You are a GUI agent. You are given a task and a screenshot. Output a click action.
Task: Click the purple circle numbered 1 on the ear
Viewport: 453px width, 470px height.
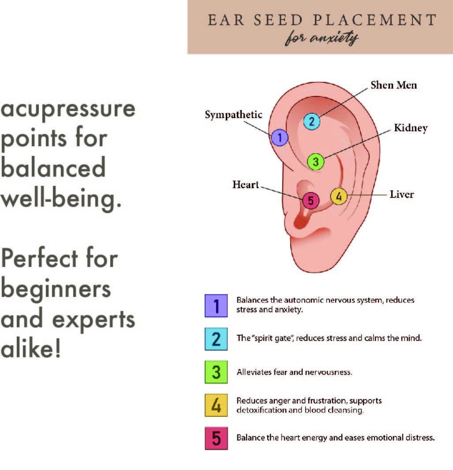pos(279,138)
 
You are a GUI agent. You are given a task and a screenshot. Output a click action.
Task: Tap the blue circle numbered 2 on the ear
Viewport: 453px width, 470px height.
pos(311,122)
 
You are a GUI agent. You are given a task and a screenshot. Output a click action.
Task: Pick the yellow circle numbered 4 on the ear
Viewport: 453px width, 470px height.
pos(338,196)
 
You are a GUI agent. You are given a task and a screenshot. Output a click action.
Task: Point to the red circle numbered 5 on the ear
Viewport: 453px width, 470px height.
pos(311,201)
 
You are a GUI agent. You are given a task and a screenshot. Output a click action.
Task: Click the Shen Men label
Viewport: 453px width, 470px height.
pos(393,85)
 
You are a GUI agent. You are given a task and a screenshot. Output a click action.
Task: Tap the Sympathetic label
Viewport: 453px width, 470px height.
pos(233,115)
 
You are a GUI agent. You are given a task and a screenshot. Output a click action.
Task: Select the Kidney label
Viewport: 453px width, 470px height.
pos(410,128)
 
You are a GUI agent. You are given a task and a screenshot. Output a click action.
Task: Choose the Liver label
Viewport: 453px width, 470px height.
pos(401,194)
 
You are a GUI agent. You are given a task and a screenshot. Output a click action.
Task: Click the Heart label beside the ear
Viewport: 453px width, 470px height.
pos(246,185)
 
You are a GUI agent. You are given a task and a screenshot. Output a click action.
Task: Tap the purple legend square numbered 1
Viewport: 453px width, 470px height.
pos(216,306)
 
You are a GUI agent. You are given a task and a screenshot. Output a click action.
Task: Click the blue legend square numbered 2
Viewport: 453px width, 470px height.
pos(216,339)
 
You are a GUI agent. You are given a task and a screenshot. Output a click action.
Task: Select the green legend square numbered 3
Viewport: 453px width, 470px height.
pos(216,372)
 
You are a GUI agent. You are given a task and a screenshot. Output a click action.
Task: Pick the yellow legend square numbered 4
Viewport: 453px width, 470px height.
pos(216,405)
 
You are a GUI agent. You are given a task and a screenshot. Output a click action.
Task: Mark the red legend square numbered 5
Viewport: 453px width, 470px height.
pos(216,438)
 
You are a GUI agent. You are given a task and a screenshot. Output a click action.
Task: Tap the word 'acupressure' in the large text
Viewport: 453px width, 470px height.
pos(68,109)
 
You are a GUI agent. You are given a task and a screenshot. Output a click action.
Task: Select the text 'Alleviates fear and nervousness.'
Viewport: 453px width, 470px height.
pos(294,372)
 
